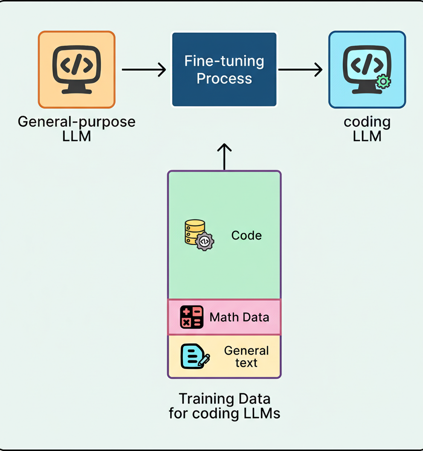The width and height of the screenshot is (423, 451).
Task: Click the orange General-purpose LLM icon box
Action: tap(77, 69)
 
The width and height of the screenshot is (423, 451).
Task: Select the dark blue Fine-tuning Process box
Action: tap(224, 69)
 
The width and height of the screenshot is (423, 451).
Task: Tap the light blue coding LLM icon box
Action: tap(367, 69)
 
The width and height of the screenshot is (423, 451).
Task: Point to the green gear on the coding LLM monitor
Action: tap(383, 82)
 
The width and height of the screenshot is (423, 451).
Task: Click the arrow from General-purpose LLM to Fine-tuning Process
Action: tap(144, 69)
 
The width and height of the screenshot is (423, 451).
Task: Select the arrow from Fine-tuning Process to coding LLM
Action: tap(300, 69)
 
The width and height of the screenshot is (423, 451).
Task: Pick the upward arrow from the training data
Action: tap(224, 156)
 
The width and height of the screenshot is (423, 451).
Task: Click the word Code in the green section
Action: tap(246, 235)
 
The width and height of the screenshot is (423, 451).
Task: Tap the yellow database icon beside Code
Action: tap(195, 231)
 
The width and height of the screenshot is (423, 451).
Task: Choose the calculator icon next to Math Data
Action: tap(192, 317)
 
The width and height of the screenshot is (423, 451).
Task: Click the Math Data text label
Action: tap(239, 317)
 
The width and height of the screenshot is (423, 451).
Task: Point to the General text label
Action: tap(246, 357)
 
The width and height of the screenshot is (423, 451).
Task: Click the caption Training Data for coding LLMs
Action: tap(224, 406)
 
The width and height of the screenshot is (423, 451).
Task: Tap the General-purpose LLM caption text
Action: tap(77, 129)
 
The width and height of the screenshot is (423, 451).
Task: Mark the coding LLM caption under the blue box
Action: tap(367, 129)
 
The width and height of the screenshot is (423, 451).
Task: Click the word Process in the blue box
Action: tap(224, 79)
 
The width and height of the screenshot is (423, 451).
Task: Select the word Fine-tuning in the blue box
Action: tap(224, 61)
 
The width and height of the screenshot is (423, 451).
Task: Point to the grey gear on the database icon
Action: tap(205, 242)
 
